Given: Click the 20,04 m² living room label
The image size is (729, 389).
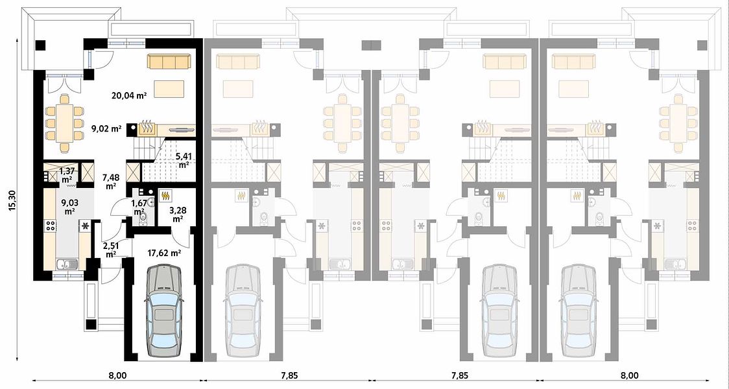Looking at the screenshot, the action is click(129, 96).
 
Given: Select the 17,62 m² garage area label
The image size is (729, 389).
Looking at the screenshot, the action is click(164, 253).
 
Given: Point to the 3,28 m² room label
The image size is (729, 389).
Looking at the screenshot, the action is click(172, 214).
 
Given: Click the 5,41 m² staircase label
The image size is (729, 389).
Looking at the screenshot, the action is click(183, 161).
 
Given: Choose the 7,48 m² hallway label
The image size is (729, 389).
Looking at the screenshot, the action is click(111, 182).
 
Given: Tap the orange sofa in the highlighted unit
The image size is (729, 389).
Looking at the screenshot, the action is click(169, 62).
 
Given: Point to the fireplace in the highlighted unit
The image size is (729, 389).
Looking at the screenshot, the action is click(147, 128).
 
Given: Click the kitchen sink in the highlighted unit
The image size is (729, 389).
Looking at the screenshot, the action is click(67, 265).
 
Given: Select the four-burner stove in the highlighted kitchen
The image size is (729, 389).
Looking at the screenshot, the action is click(50, 226).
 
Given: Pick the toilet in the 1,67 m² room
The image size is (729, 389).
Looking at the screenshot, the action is click(142, 217).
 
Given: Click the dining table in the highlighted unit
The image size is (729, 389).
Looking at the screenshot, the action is click(65, 123).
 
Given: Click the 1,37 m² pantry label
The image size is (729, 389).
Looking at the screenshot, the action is click(67, 175).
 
